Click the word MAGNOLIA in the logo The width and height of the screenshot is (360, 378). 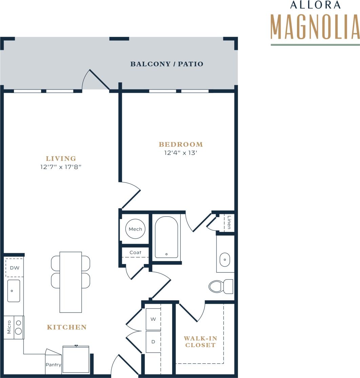click(315, 27)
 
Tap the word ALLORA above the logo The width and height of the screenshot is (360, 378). click(315, 5)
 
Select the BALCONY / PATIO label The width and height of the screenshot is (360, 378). click(167, 64)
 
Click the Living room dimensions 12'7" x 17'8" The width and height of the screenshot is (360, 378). click(61, 167)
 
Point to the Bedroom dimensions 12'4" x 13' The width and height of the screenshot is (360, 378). click(181, 153)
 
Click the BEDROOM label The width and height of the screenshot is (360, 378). click(181, 144)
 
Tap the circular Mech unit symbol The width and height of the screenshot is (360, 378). click(135, 229)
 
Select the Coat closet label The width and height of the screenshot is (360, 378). click(135, 252)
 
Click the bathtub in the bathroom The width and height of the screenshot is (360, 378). click(166, 237)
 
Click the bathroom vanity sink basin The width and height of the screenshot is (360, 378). click(225, 260)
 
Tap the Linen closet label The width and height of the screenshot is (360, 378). click(229, 222)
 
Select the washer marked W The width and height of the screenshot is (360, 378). click(153, 319)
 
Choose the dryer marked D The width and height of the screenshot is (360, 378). click(153, 342)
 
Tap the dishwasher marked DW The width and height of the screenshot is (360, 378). click(14, 268)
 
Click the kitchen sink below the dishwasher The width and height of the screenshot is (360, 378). click(14, 291)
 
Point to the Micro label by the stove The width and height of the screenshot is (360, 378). click(9, 327)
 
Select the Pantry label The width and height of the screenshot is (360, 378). click(53, 365)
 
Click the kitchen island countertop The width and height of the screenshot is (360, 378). click(71, 282)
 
